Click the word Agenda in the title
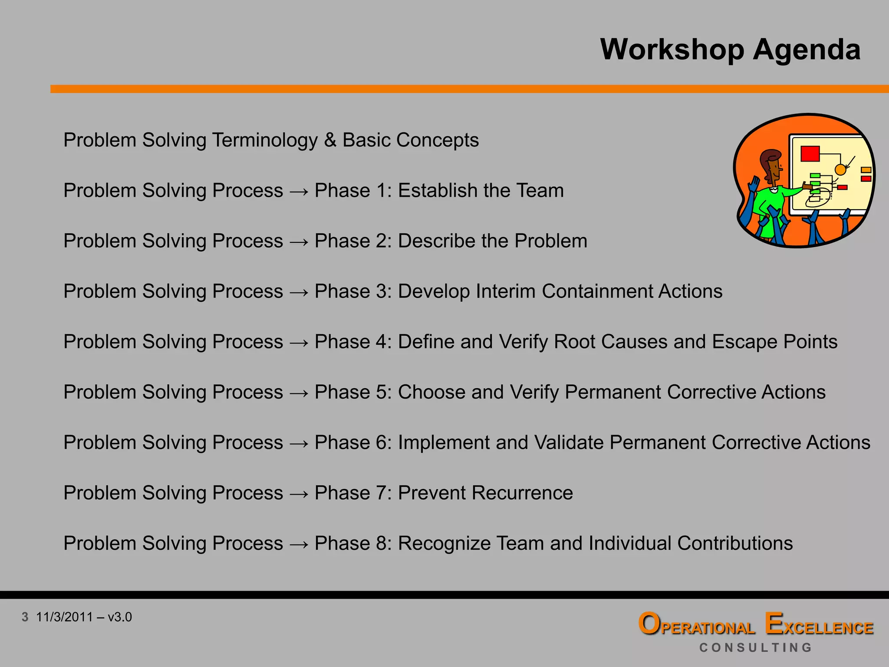click(x=806, y=50)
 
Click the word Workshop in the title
click(x=672, y=50)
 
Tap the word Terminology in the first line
click(x=264, y=141)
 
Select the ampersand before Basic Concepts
click(x=330, y=140)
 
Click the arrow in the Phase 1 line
click(x=299, y=192)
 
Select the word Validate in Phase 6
click(x=569, y=442)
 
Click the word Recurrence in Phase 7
click(x=522, y=493)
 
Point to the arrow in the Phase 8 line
click(x=299, y=544)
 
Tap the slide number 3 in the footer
click(x=25, y=617)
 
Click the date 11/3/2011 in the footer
click(x=64, y=617)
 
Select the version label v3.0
click(x=120, y=617)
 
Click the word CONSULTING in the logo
click(x=755, y=647)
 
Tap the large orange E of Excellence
click(x=774, y=624)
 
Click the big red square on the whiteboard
click(x=810, y=154)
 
